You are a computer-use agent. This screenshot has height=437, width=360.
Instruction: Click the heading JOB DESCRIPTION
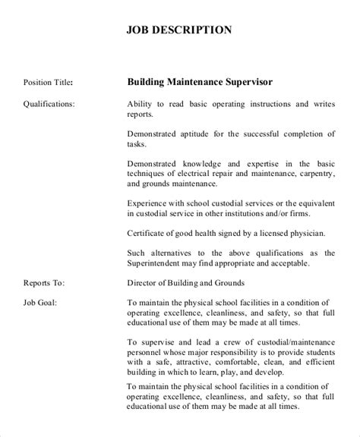[178, 31]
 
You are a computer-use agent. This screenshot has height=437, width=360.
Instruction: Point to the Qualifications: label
[49, 102]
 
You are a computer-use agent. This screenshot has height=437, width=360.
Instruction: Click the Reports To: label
[44, 283]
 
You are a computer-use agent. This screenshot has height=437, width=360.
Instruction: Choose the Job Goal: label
[40, 302]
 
